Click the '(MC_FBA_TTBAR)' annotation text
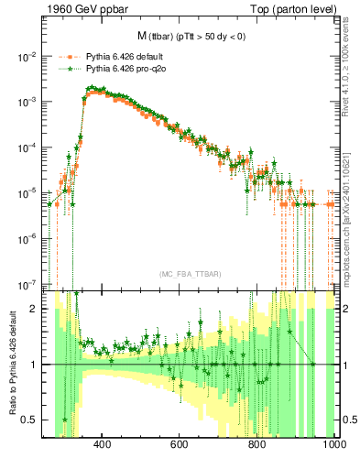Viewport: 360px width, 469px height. pos(189,275)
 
